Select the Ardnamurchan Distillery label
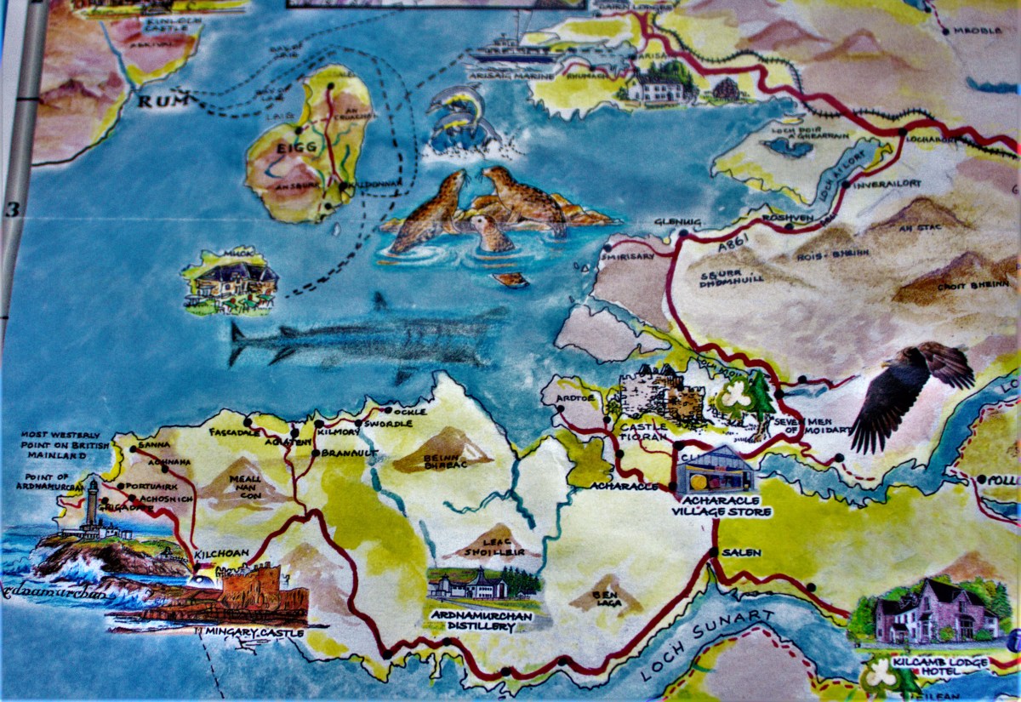point(473,621)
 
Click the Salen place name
point(741,553)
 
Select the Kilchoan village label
point(222,553)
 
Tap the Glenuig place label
point(677,223)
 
